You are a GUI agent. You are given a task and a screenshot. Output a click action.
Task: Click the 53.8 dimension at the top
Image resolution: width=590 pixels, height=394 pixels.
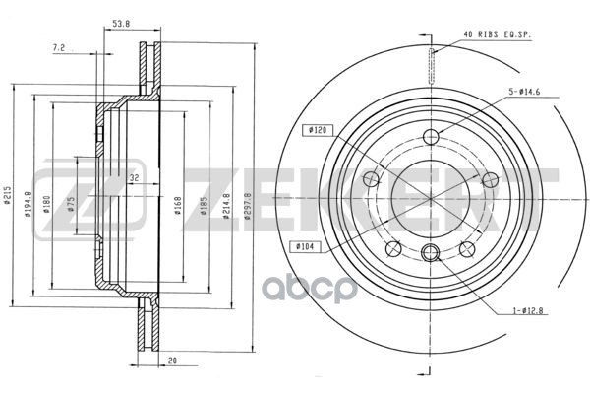(121, 23)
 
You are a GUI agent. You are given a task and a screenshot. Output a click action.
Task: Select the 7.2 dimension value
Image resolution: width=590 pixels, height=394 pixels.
(59, 48)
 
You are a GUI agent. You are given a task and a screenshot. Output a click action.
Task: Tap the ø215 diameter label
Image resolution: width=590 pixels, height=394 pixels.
(7, 195)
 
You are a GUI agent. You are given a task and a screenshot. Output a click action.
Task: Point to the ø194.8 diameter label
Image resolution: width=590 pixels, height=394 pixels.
(28, 205)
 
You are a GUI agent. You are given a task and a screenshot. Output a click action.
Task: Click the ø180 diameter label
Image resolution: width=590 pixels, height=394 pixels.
(46, 204)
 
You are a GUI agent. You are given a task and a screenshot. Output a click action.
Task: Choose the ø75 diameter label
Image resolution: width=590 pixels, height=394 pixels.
(71, 204)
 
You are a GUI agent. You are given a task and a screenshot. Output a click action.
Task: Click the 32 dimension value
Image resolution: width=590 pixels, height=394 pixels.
(134, 177)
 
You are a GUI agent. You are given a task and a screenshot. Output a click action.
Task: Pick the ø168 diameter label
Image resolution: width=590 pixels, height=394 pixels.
(178, 206)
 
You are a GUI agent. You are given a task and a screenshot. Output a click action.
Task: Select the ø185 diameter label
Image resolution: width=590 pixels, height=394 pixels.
(204, 206)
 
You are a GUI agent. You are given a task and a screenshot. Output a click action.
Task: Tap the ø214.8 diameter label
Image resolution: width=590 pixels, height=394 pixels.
(226, 206)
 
